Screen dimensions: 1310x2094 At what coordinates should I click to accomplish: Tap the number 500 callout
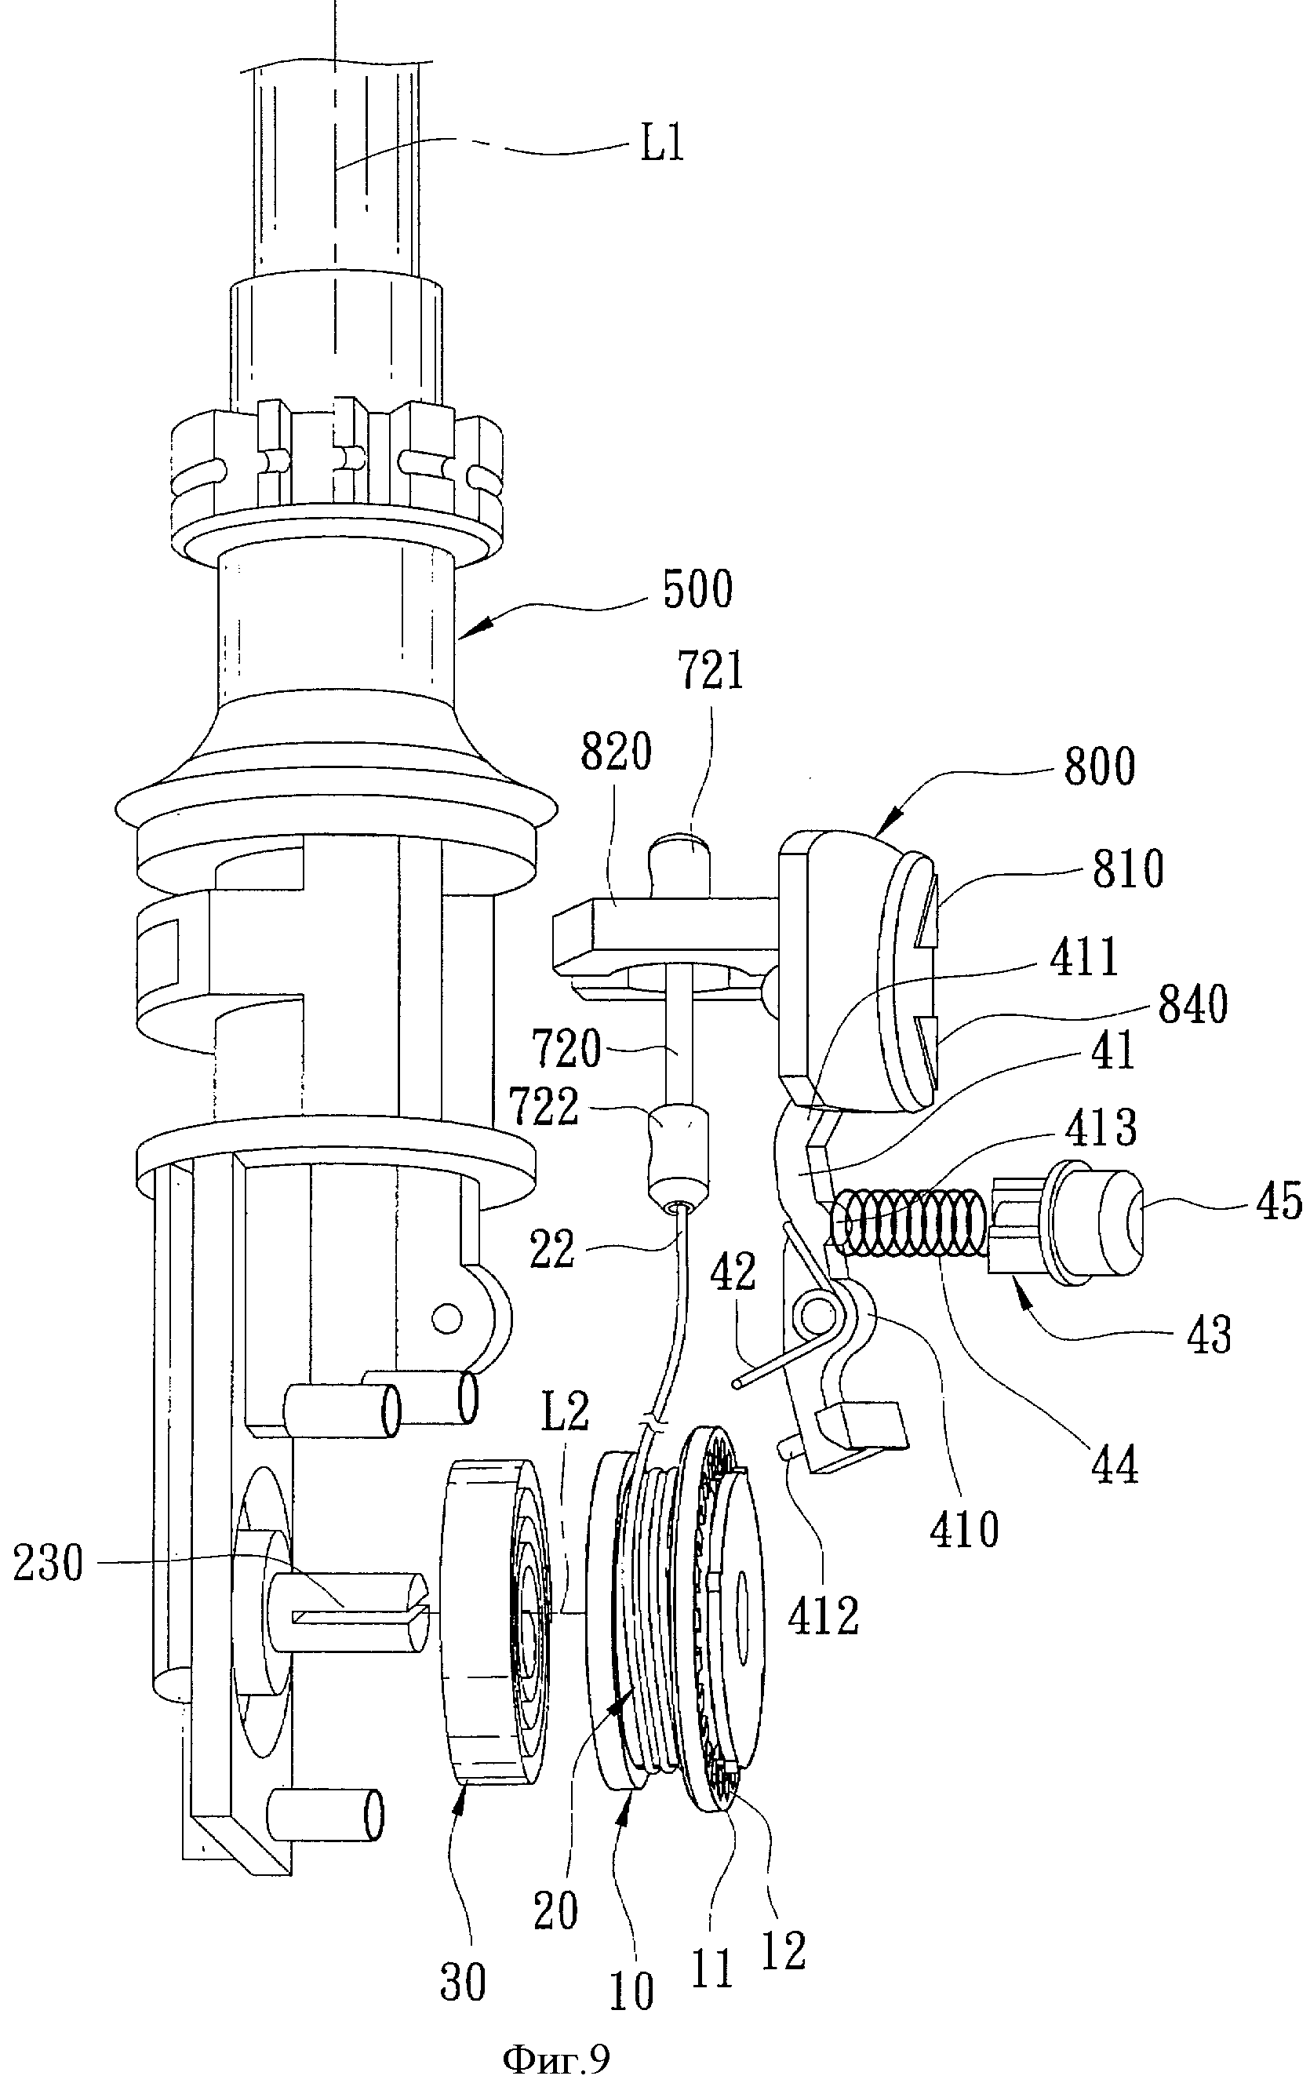pyautogui.click(x=697, y=588)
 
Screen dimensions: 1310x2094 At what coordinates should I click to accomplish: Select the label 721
pyautogui.click(x=711, y=672)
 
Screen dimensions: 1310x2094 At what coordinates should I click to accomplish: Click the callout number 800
pyautogui.click(x=1100, y=767)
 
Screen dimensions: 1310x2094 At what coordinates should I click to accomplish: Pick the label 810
pyautogui.click(x=1127, y=870)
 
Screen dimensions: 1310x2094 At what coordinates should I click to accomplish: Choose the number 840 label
pyautogui.click(x=1192, y=1006)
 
